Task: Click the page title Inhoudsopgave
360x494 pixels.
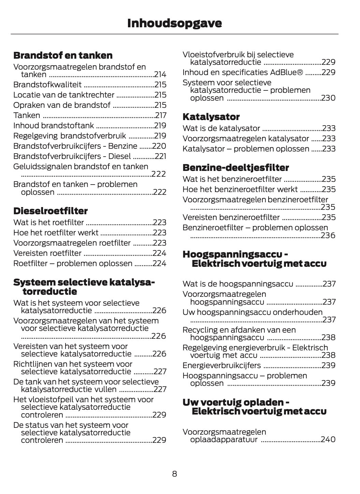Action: point(174,23)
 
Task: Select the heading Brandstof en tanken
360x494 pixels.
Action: point(63,55)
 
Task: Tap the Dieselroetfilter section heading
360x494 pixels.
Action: point(51,211)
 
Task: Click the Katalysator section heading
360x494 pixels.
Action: point(211,117)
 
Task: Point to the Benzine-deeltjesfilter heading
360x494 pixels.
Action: point(236,168)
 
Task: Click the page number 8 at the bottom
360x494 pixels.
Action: point(174,474)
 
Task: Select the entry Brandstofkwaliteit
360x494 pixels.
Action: point(47,85)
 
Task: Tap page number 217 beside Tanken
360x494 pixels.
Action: point(160,115)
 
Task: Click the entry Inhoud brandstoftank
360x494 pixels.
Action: point(54,126)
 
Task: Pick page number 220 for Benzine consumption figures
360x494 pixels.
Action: point(159,146)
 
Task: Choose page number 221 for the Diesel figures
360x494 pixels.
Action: point(160,156)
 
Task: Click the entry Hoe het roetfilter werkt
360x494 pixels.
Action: point(56,233)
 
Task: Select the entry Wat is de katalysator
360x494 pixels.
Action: point(221,128)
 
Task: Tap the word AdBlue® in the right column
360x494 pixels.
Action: point(286,72)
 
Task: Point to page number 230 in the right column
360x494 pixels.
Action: point(328,98)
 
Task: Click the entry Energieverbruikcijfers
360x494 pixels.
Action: point(222,365)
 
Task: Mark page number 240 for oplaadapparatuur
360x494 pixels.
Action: point(328,439)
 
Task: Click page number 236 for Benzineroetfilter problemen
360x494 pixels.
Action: point(328,235)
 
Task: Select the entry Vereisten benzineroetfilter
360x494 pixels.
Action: point(231,217)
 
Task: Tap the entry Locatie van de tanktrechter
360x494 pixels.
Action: point(64,95)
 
